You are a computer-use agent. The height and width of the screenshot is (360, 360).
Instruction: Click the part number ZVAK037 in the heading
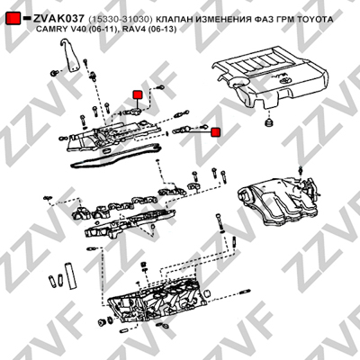pos(58,19)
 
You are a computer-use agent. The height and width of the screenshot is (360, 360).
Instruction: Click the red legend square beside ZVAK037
pos(13,19)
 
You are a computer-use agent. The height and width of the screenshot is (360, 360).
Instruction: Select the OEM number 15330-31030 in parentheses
pos(121,20)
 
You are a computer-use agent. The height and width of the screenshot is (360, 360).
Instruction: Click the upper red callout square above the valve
pos(138,94)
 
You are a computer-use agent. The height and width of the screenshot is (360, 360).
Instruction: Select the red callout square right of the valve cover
pos(215,132)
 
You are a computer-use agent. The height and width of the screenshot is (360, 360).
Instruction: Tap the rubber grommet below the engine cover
pos(267,122)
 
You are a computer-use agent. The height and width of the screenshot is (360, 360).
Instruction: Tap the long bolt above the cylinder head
pos(219,224)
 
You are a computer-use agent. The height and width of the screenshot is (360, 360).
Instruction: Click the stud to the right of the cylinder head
pos(245,292)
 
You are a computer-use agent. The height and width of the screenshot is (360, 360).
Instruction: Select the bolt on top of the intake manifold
pos(300,170)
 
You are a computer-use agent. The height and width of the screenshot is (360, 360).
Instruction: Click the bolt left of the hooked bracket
pos(54,73)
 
